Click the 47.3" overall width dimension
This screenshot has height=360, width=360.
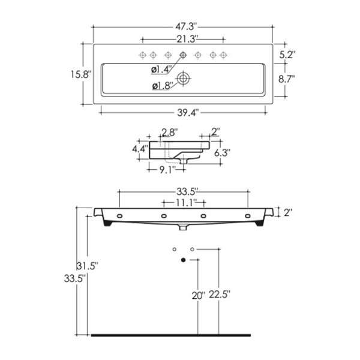point(187,26)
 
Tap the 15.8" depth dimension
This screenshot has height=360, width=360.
point(81,74)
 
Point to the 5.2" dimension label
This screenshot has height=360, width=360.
point(287,55)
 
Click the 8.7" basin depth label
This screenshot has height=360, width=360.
point(287,79)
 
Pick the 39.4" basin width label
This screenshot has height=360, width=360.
point(188,113)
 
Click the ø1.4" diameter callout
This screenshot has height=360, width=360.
point(161,70)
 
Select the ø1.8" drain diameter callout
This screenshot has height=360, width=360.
point(162,86)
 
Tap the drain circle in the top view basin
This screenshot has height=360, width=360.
point(183,79)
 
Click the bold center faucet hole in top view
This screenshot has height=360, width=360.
point(183,55)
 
